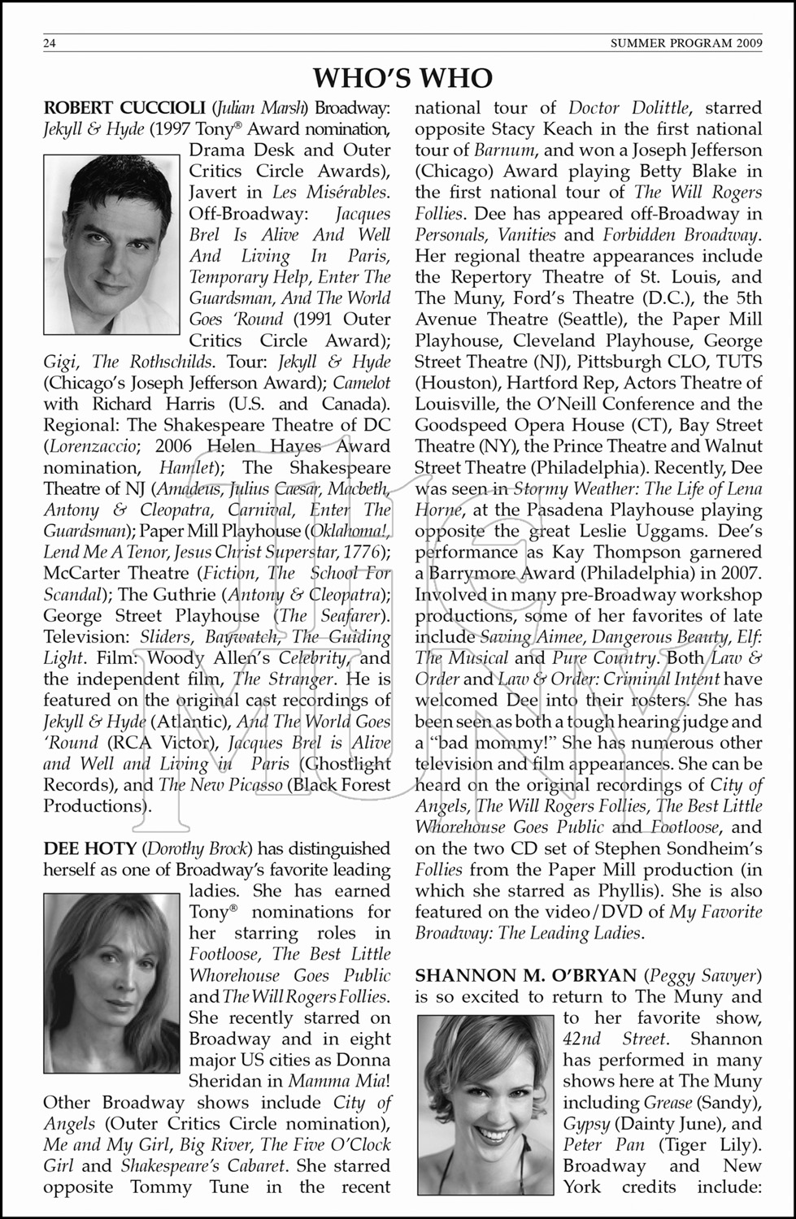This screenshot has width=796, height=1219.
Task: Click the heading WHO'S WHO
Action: click(403, 77)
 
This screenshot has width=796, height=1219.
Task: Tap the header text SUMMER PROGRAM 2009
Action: click(685, 44)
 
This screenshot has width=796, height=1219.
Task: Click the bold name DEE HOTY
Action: click(89, 848)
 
